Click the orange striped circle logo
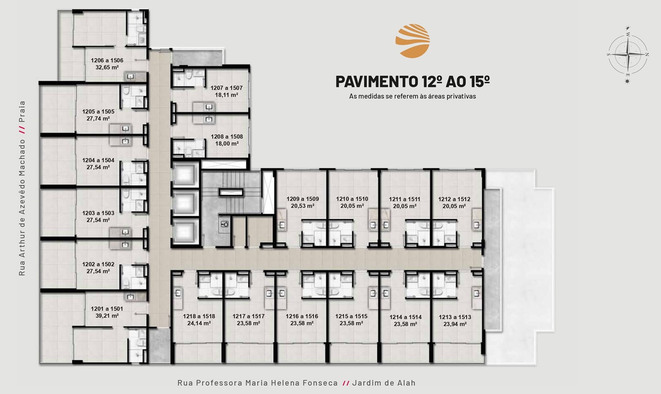[x=413, y=41]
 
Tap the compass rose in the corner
[x=628, y=54]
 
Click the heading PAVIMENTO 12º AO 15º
[x=413, y=81]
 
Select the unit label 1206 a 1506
[x=107, y=61]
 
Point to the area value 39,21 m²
[x=107, y=316]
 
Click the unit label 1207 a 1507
[x=227, y=88]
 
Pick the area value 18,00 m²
[x=227, y=144]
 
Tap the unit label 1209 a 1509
[x=302, y=199]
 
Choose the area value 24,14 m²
[x=199, y=323]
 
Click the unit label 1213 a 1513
[x=455, y=317]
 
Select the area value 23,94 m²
[x=455, y=324]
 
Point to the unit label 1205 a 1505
[x=98, y=111]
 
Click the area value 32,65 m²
[x=107, y=67]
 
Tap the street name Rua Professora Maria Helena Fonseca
[x=258, y=383]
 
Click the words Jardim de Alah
[x=384, y=383]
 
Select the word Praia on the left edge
[x=22, y=112]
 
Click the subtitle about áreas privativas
[x=413, y=96]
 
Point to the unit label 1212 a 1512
[x=454, y=199]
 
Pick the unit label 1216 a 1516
[x=302, y=316]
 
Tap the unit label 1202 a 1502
[x=98, y=264]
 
